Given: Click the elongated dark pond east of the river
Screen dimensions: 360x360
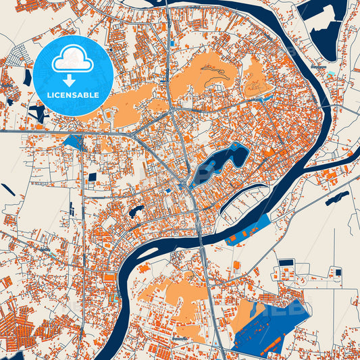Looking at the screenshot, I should coord(337,198).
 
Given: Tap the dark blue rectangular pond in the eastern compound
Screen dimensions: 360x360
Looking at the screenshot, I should coord(287,262).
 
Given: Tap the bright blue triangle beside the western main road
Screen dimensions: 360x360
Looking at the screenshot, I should coord(72,142).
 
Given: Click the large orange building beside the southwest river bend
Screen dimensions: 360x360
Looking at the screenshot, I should coord(108,278).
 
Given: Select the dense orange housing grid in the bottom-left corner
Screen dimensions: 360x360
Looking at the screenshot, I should coord(20,331).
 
